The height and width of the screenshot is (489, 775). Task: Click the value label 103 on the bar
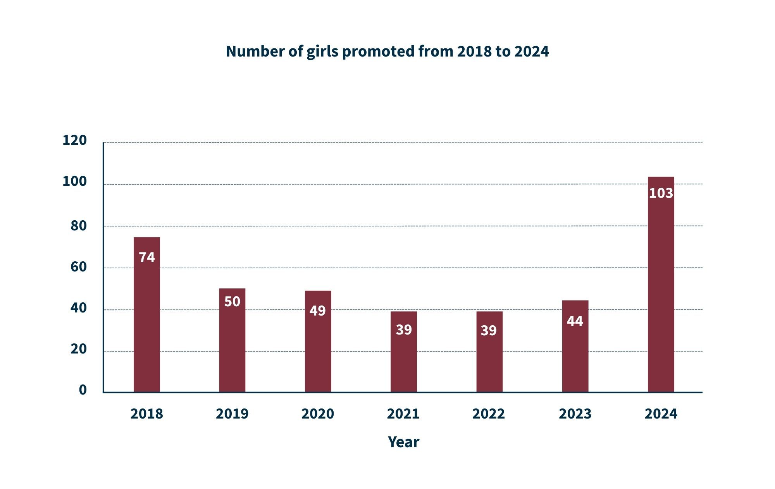661,193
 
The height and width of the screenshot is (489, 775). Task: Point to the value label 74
146,257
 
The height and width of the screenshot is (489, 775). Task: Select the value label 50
232,301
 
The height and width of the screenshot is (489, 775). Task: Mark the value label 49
317,311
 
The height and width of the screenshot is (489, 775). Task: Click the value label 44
575,321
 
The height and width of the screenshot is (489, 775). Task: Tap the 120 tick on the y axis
74,140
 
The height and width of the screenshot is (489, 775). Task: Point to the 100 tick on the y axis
74,181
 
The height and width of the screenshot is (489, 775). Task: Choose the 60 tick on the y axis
78,267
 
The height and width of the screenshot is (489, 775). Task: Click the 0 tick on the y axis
83,389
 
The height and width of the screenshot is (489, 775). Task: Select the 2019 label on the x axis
232,414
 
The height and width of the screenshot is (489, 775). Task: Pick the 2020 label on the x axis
317,414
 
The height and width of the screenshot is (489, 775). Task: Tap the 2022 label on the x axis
488,414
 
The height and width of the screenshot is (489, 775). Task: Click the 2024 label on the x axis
661,414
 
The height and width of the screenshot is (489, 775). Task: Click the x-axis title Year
403,442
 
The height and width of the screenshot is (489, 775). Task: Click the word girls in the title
322,51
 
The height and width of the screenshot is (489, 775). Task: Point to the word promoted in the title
378,51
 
